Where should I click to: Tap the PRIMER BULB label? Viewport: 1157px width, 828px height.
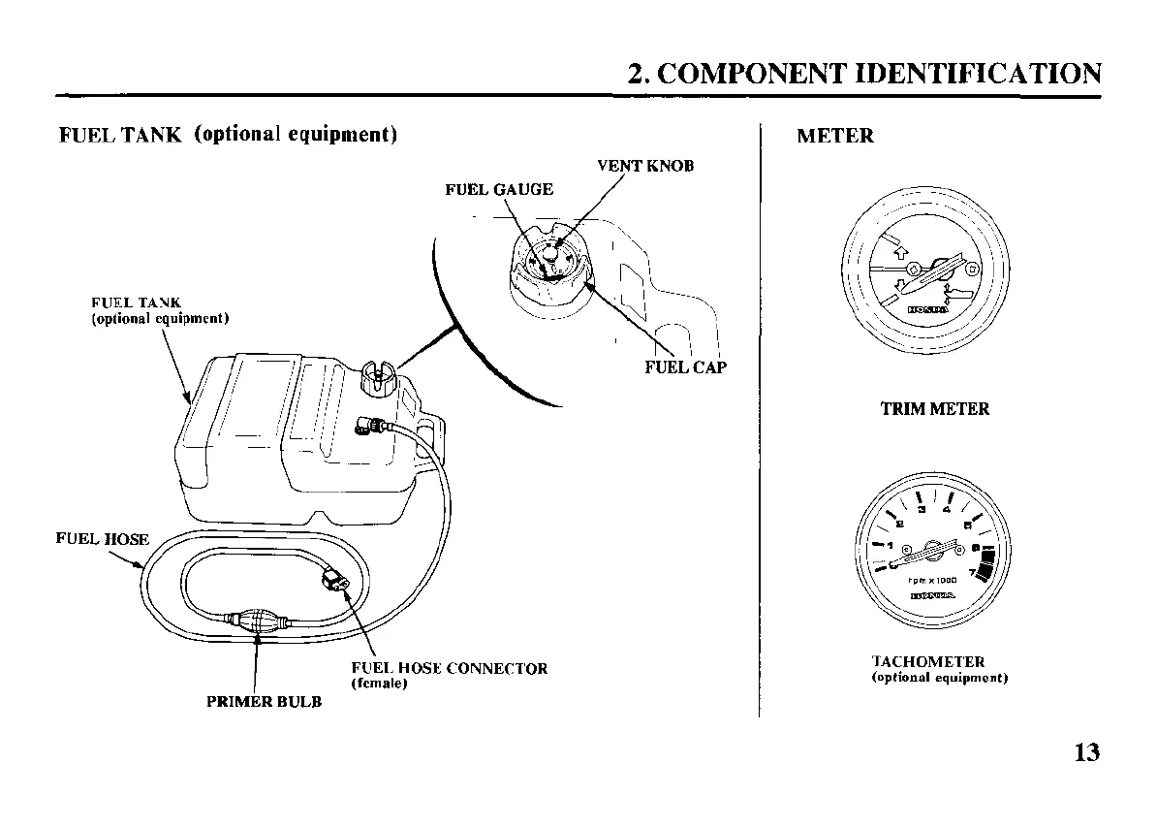coord(264,702)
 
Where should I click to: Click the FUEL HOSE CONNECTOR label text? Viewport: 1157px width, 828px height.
coord(449,668)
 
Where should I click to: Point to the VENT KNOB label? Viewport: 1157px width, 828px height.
coord(645,166)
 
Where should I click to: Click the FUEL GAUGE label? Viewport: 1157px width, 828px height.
coord(499,189)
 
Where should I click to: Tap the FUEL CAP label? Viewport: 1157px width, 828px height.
coord(685,367)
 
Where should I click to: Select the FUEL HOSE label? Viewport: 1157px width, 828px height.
coord(102,539)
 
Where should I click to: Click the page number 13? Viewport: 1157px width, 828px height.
coord(1087,752)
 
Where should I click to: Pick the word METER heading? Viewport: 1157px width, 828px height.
coord(834,136)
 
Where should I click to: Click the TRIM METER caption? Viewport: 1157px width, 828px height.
coord(934,409)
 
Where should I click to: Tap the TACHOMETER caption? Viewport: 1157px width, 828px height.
coord(928,661)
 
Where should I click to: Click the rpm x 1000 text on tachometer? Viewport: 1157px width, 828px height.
coord(932,581)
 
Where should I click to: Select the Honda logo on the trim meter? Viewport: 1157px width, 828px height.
coord(927,310)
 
